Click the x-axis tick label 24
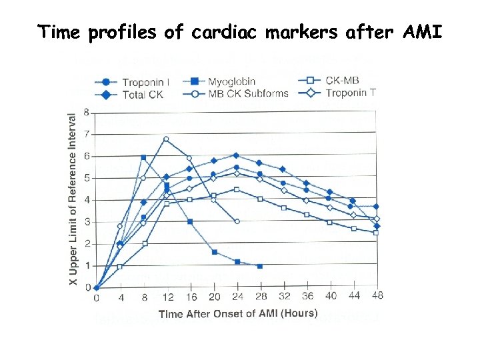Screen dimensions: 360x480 pyautogui.click(x=236, y=297)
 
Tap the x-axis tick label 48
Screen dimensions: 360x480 pyautogui.click(x=377, y=296)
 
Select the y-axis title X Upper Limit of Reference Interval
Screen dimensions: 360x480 pyautogui.click(x=73, y=200)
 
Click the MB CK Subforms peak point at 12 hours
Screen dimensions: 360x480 pyautogui.click(x=166, y=139)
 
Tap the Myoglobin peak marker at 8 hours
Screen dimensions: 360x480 pyautogui.click(x=143, y=157)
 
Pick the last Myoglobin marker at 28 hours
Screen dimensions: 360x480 pyautogui.click(x=259, y=266)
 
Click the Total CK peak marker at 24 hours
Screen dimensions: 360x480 pyautogui.click(x=236, y=155)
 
